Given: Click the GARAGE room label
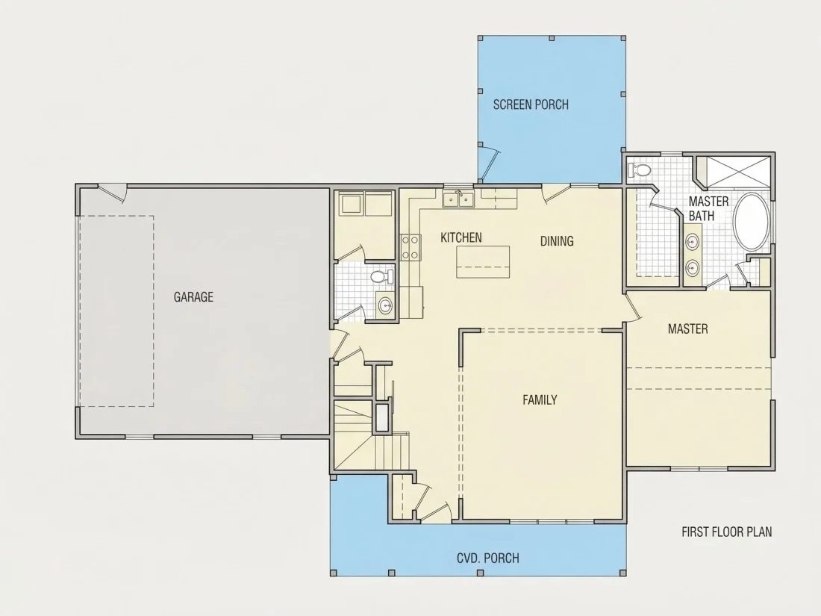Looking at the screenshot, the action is pos(193,297).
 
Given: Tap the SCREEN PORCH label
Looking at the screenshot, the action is pos(531,105).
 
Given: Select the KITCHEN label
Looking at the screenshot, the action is pos(461,237).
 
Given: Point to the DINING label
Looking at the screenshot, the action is pos(557,241).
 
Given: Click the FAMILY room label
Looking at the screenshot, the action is pos(540,400).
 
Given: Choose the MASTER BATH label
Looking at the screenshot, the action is pos(708,208).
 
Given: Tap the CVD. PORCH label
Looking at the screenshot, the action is pos(488,559).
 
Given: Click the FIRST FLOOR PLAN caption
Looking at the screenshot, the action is pos(726,532).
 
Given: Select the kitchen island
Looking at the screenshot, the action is pos(483,262).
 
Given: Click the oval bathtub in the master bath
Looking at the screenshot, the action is pos(752,223).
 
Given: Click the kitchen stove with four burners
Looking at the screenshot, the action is pos(410,247).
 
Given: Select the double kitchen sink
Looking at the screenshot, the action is pos(458,199).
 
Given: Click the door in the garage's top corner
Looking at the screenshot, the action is pos(113,193).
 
